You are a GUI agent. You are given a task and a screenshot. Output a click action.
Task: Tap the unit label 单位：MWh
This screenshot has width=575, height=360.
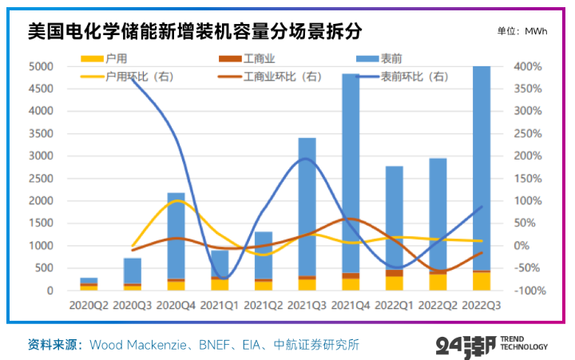point(523,31)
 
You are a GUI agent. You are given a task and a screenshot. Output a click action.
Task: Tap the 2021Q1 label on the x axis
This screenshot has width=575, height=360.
point(219,304)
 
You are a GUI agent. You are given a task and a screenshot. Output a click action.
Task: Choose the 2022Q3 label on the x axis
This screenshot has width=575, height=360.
point(482,304)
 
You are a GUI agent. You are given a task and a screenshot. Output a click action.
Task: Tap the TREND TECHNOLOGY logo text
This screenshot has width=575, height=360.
point(524,342)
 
